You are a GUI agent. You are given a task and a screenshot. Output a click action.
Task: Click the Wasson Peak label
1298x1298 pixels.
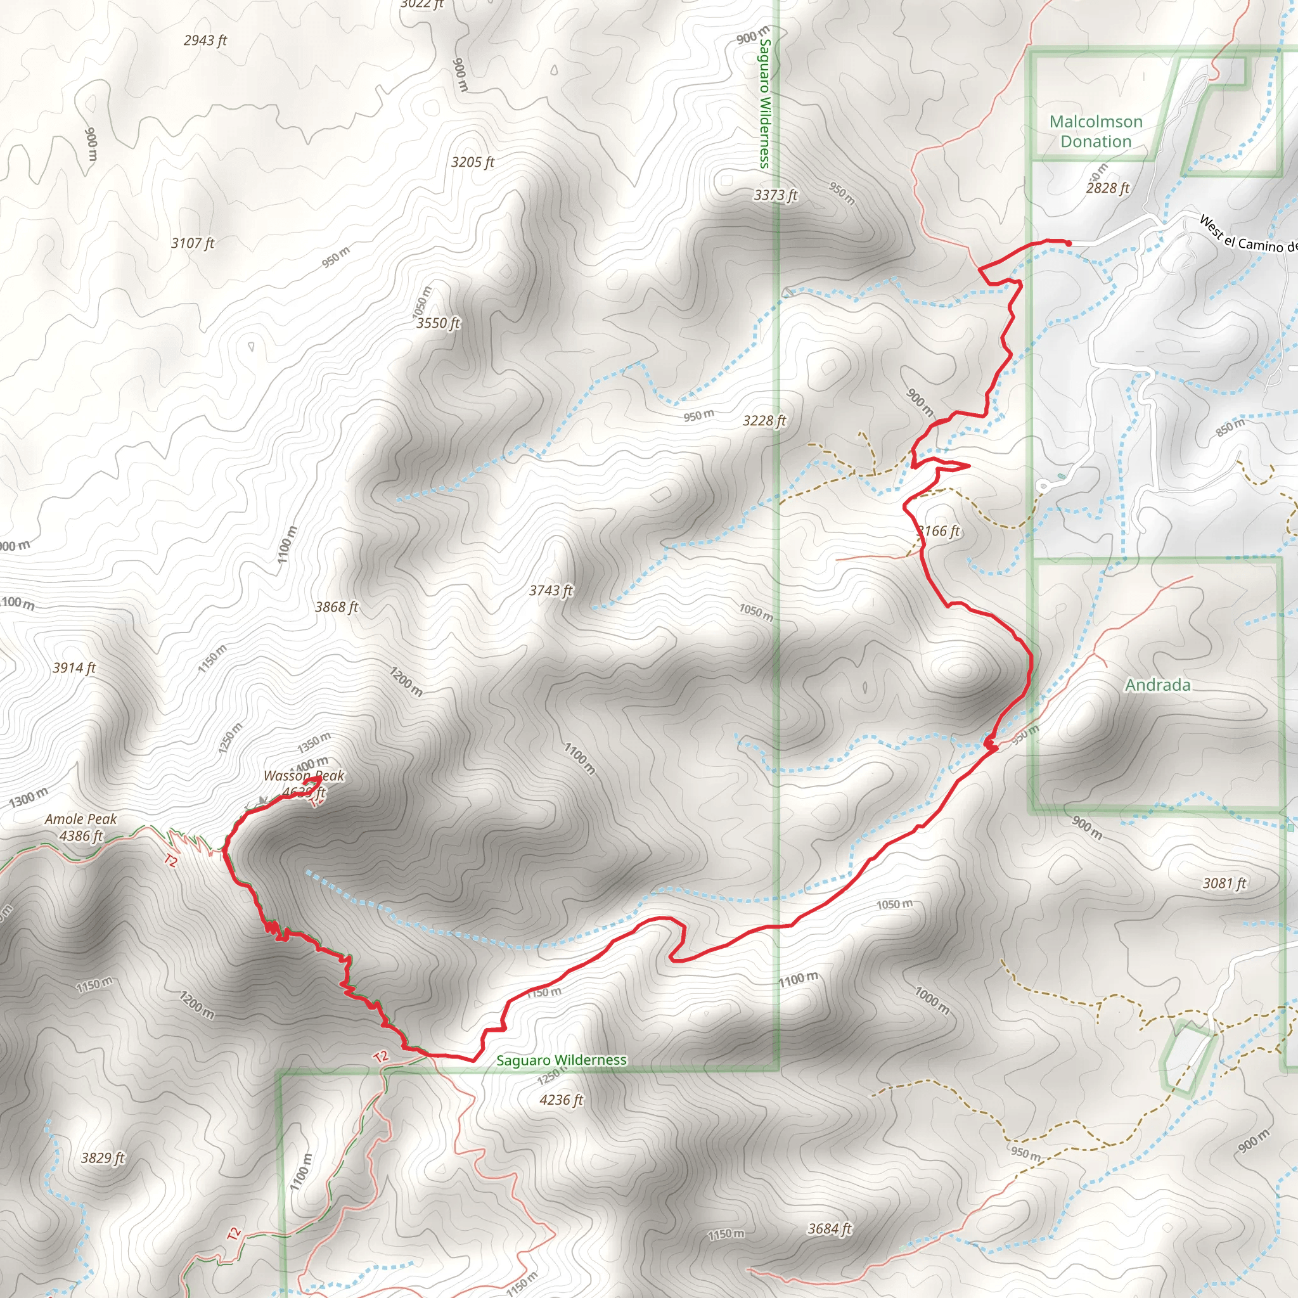pos(304,776)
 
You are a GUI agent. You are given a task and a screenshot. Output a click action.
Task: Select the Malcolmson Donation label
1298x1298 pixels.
pos(1096,132)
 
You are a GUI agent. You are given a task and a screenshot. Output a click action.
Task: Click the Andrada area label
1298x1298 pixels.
pos(1157,685)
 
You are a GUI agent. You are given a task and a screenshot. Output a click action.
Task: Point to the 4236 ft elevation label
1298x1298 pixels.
pos(561,1100)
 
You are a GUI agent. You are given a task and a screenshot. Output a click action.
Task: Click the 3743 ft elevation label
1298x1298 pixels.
pos(550,591)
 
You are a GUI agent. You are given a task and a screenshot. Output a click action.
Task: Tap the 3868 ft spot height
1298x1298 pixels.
pos(337,607)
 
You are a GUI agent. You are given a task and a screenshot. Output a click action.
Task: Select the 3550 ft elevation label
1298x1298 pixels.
pos(438,323)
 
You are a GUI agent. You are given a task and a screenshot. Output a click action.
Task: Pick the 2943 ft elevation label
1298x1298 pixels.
pos(205,41)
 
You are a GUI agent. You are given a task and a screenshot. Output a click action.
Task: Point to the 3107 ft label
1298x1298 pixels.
pos(192,243)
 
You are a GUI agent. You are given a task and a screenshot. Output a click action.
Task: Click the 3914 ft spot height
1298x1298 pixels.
pos(74,668)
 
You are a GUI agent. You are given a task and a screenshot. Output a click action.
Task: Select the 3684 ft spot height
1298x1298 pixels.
pos(829,1229)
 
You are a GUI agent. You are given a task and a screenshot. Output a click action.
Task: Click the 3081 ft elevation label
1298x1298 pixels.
pos(1224,884)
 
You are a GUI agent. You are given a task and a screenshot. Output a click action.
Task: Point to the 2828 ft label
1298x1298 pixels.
pos(1108,188)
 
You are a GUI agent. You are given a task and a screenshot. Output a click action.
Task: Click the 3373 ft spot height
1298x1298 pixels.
pos(775,195)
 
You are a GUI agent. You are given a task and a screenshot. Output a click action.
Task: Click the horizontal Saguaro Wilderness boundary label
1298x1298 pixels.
pos(561,1060)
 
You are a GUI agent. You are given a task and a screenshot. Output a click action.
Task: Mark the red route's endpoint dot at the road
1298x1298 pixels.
pos(1067,243)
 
